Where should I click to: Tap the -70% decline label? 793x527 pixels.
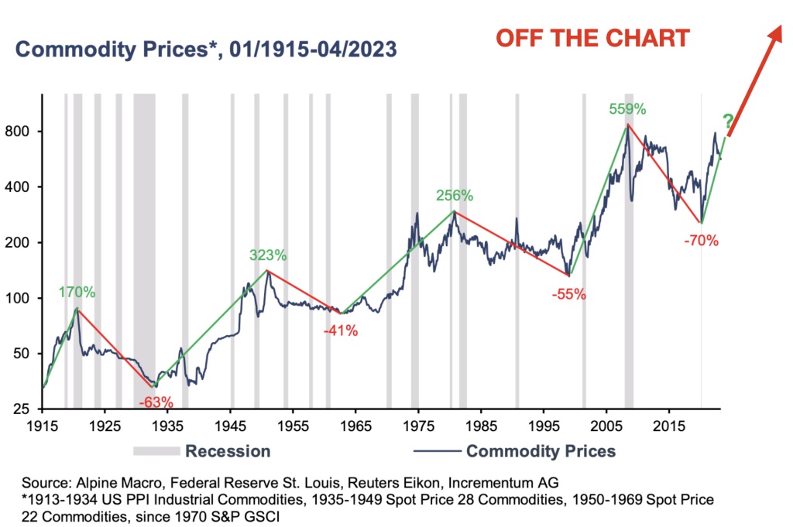(x=702, y=241)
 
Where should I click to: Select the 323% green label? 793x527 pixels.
(x=268, y=255)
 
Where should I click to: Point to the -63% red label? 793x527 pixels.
(x=156, y=402)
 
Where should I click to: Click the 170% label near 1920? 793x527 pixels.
(x=77, y=293)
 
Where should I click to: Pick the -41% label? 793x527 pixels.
(x=340, y=330)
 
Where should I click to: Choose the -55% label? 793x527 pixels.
(x=568, y=294)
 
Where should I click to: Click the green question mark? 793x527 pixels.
(x=728, y=121)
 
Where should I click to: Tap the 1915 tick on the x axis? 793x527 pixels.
(x=42, y=426)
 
